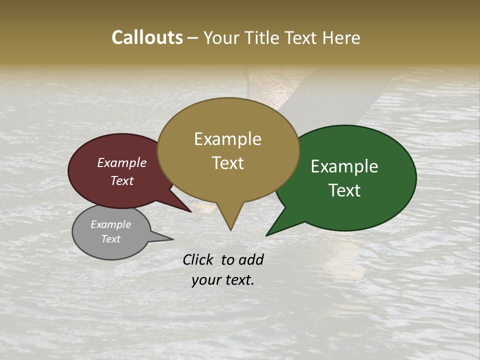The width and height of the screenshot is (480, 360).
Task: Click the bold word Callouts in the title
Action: click(147, 37)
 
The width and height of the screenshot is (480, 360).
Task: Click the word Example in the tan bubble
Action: click(227, 139)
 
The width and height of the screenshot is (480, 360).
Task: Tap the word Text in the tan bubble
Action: click(227, 163)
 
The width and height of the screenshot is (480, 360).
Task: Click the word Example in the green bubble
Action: click(344, 166)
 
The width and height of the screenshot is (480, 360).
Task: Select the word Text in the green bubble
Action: click(344, 190)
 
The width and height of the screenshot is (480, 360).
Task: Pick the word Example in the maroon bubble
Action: click(122, 162)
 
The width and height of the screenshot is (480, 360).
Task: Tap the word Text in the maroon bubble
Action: click(122, 180)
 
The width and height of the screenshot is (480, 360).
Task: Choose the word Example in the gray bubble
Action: click(110, 224)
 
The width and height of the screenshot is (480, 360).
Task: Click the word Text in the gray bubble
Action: click(110, 239)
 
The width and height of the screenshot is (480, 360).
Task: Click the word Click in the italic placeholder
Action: click(198, 259)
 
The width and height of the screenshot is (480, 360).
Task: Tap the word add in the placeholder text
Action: click(251, 259)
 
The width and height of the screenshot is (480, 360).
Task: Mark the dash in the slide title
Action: click(193, 38)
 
